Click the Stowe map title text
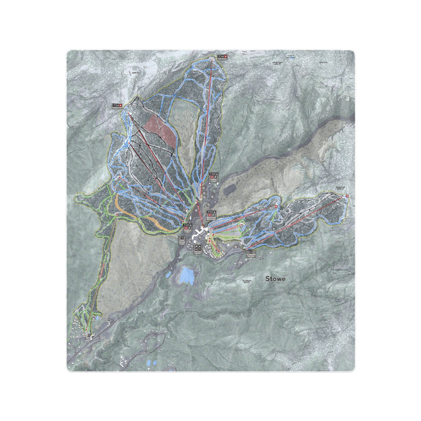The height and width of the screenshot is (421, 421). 275,279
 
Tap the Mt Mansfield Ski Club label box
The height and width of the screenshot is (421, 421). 252,255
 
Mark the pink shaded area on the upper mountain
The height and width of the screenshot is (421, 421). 160,128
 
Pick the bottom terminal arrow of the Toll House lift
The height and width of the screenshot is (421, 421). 86,329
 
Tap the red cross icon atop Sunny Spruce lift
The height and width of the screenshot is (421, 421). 276,206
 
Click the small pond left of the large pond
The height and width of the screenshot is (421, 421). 169,274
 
